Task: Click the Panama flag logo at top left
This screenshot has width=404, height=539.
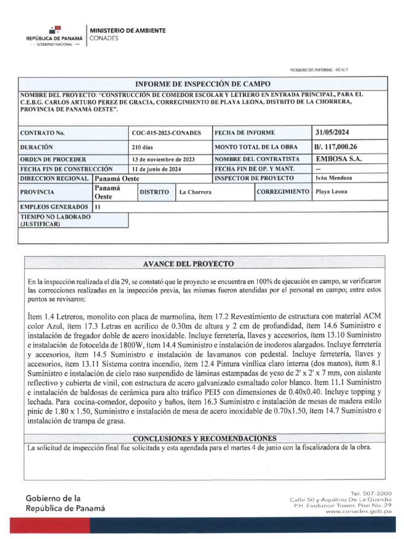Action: point(54,31)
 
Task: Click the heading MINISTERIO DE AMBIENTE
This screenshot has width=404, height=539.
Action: point(128,31)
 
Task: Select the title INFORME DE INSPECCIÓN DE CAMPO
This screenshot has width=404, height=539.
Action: point(203,84)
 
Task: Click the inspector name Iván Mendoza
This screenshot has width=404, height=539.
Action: point(332,178)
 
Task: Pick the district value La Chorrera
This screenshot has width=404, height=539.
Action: point(195,192)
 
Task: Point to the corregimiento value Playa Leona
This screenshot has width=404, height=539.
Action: point(331,192)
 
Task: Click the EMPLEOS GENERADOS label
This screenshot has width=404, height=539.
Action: point(54,207)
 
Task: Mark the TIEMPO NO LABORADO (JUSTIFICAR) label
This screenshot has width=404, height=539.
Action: point(55,220)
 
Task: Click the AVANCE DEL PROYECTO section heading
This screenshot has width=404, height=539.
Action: point(203,263)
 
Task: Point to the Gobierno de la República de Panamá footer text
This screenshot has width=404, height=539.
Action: point(65,503)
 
